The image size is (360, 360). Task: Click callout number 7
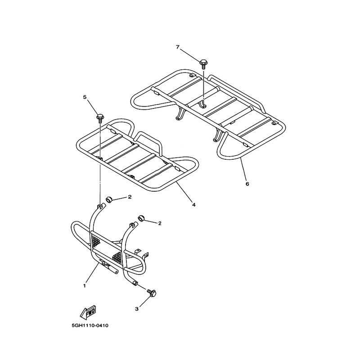tap(177, 47)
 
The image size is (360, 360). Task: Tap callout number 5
tap(85, 97)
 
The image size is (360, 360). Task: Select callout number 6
tap(247, 184)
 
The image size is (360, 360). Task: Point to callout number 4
tap(194, 205)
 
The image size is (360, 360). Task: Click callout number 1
tap(84, 286)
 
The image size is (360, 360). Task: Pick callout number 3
tap(137, 309)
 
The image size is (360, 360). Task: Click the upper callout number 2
tap(130, 197)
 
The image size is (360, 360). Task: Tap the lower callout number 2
tap(160, 223)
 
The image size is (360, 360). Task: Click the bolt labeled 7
tap(203, 64)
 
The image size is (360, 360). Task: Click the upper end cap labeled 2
tap(109, 199)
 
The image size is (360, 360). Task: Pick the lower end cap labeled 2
tap(141, 218)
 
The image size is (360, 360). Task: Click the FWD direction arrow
tap(88, 312)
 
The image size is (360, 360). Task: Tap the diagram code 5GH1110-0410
tap(90, 325)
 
